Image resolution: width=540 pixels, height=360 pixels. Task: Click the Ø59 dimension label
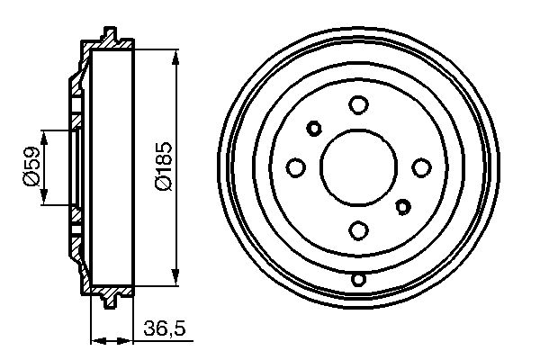coord(31,167)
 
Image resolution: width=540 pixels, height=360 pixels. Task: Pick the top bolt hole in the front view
coord(358,104)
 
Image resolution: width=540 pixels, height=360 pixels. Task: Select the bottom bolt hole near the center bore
coord(358,230)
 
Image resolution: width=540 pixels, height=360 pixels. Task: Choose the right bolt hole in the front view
coord(421,167)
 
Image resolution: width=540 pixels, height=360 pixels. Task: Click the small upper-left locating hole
coord(314,127)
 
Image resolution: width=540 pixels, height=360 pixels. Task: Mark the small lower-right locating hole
coord(402,208)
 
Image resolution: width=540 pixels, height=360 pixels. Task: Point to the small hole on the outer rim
coord(358,279)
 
